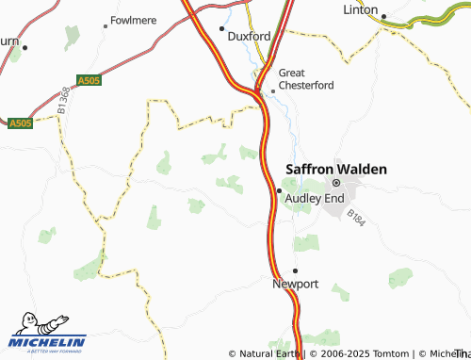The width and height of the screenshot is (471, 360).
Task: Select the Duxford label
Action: (x=250, y=36)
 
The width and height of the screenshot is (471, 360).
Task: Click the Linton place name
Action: (x=359, y=10)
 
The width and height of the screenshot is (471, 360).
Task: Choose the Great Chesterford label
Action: (x=305, y=78)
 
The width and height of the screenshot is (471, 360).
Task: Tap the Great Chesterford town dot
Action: (x=272, y=90)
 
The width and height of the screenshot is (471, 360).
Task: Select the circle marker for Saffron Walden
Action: (x=334, y=183)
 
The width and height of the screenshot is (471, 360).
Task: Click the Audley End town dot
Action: (x=279, y=190)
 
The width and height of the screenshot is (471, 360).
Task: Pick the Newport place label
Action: (x=296, y=284)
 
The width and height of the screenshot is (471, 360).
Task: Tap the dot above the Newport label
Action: (x=295, y=270)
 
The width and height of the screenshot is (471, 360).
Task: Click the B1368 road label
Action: (x=62, y=101)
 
